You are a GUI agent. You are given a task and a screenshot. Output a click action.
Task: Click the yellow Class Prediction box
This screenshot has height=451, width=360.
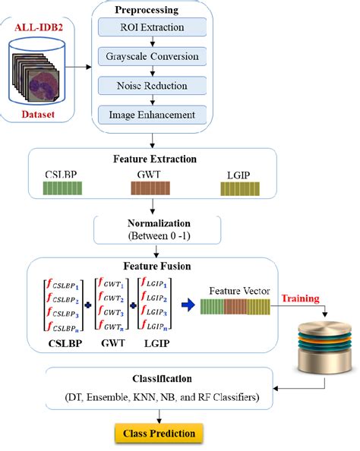coord(159,434)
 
